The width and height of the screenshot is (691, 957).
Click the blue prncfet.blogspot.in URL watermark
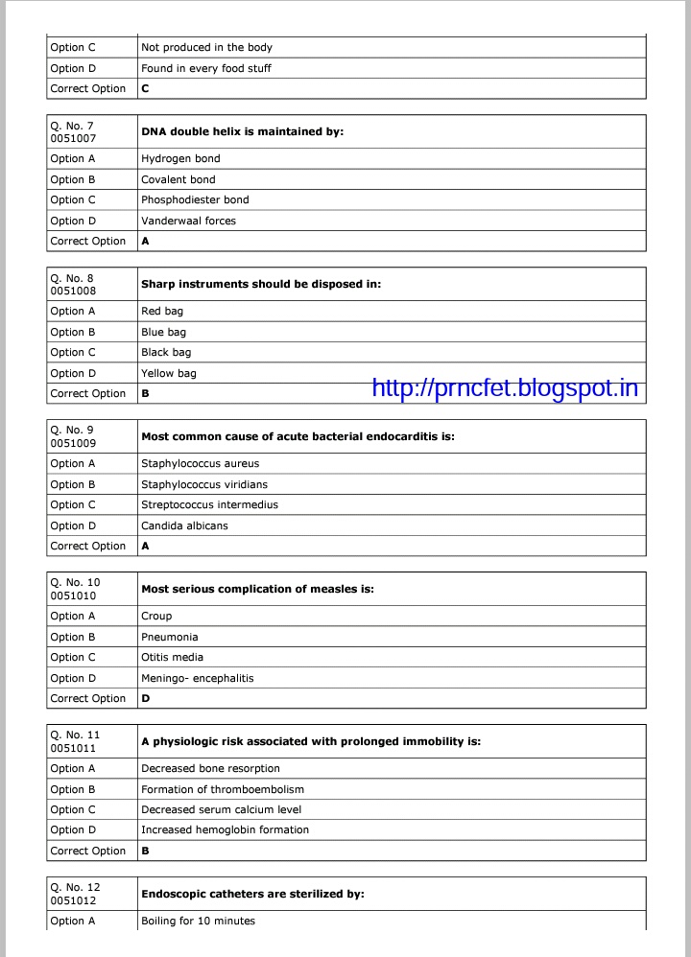click(x=504, y=387)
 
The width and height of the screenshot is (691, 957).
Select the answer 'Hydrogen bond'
click(x=180, y=159)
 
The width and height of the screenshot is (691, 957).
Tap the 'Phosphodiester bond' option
click(x=195, y=200)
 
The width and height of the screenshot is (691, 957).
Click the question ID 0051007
click(x=73, y=138)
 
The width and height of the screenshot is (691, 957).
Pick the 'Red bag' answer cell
click(x=162, y=312)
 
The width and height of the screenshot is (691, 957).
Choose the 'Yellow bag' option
click(x=169, y=373)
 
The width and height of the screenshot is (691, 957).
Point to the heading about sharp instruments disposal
click(x=261, y=284)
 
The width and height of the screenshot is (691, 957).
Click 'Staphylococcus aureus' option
click(x=200, y=464)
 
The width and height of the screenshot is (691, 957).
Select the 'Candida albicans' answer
click(x=184, y=525)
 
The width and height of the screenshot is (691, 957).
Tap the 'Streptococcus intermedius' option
click(x=209, y=505)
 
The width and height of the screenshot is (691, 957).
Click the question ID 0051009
click(x=73, y=443)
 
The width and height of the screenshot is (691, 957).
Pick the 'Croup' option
click(x=156, y=617)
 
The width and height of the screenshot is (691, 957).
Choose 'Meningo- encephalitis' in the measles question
click(x=198, y=678)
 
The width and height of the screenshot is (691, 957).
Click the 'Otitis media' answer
click(x=172, y=658)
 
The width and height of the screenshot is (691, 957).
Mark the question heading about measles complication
click(x=257, y=589)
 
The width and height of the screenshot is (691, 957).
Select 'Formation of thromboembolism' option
click(x=223, y=789)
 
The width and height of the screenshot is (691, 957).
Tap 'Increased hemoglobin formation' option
click(x=225, y=830)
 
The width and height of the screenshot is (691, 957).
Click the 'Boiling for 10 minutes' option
click(x=198, y=922)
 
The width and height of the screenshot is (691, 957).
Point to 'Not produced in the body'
click(x=206, y=47)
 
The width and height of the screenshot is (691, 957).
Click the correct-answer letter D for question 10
click(x=146, y=699)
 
